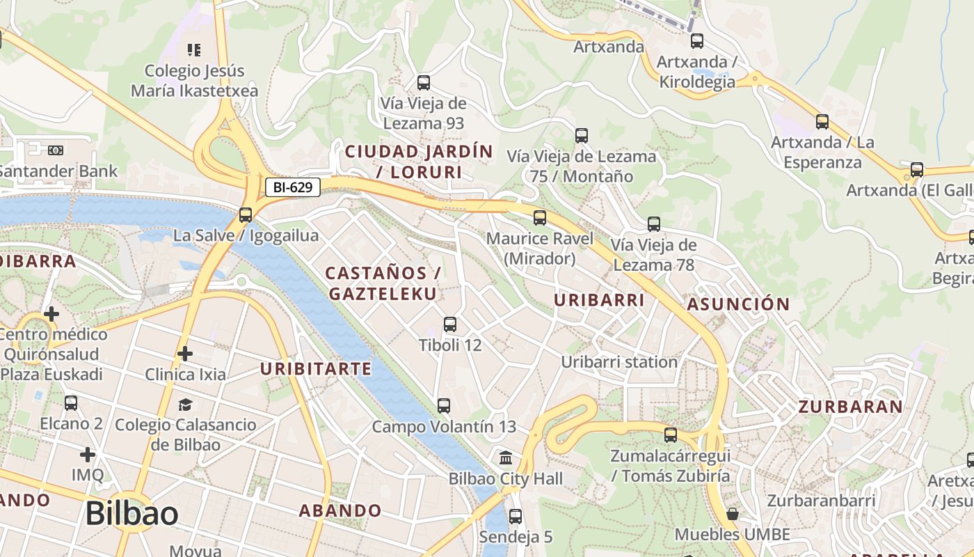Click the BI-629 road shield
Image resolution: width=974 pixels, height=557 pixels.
(x=292, y=187)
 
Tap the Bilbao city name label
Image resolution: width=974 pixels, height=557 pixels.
(x=131, y=514)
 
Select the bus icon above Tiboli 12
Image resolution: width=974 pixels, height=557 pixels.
(x=450, y=324)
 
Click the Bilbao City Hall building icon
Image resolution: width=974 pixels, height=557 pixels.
(x=506, y=458)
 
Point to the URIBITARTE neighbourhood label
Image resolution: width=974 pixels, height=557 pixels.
(x=316, y=368)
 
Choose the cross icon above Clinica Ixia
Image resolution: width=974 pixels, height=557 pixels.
(x=184, y=354)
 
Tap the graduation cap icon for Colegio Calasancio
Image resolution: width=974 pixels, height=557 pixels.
(x=184, y=405)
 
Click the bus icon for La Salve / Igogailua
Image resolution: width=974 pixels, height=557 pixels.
(x=246, y=215)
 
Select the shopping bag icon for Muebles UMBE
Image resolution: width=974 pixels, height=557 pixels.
(x=732, y=514)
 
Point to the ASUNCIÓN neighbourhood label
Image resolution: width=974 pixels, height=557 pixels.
(x=738, y=304)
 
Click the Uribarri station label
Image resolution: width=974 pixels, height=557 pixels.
(x=619, y=362)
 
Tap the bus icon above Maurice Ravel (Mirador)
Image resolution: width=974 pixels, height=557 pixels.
(x=540, y=218)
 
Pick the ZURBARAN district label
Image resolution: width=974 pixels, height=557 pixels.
(x=850, y=407)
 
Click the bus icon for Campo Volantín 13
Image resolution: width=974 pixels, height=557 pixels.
(x=443, y=405)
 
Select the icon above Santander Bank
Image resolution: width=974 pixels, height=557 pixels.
(x=56, y=150)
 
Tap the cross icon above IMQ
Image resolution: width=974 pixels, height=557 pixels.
(x=87, y=455)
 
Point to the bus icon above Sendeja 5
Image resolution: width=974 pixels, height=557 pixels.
(x=515, y=517)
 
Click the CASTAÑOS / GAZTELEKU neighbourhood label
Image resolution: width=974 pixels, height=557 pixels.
(x=383, y=283)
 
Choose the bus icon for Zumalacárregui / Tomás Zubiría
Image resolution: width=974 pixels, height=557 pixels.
(x=670, y=435)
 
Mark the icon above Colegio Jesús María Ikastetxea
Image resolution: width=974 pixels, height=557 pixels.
(x=194, y=49)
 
